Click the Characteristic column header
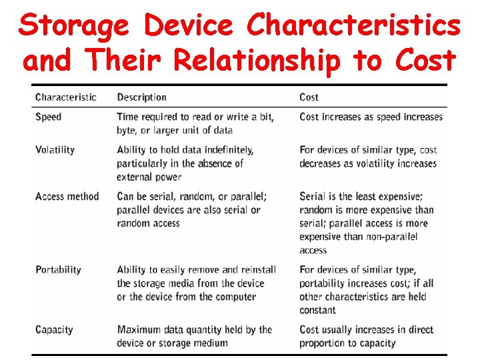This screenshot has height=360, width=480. (65, 97)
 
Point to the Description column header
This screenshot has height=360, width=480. (141, 97)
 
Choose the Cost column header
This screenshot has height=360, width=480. (309, 97)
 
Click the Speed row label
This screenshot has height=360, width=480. (48, 117)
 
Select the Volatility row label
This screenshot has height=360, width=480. (55, 150)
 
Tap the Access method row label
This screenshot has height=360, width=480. (67, 197)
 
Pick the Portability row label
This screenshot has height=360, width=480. (58, 270)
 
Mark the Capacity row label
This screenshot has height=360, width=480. (54, 330)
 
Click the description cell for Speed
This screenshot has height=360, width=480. (195, 123)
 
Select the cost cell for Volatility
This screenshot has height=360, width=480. (368, 157)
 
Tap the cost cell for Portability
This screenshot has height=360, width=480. (366, 289)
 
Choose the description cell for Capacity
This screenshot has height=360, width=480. (194, 336)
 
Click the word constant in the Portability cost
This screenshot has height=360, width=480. (318, 310)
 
